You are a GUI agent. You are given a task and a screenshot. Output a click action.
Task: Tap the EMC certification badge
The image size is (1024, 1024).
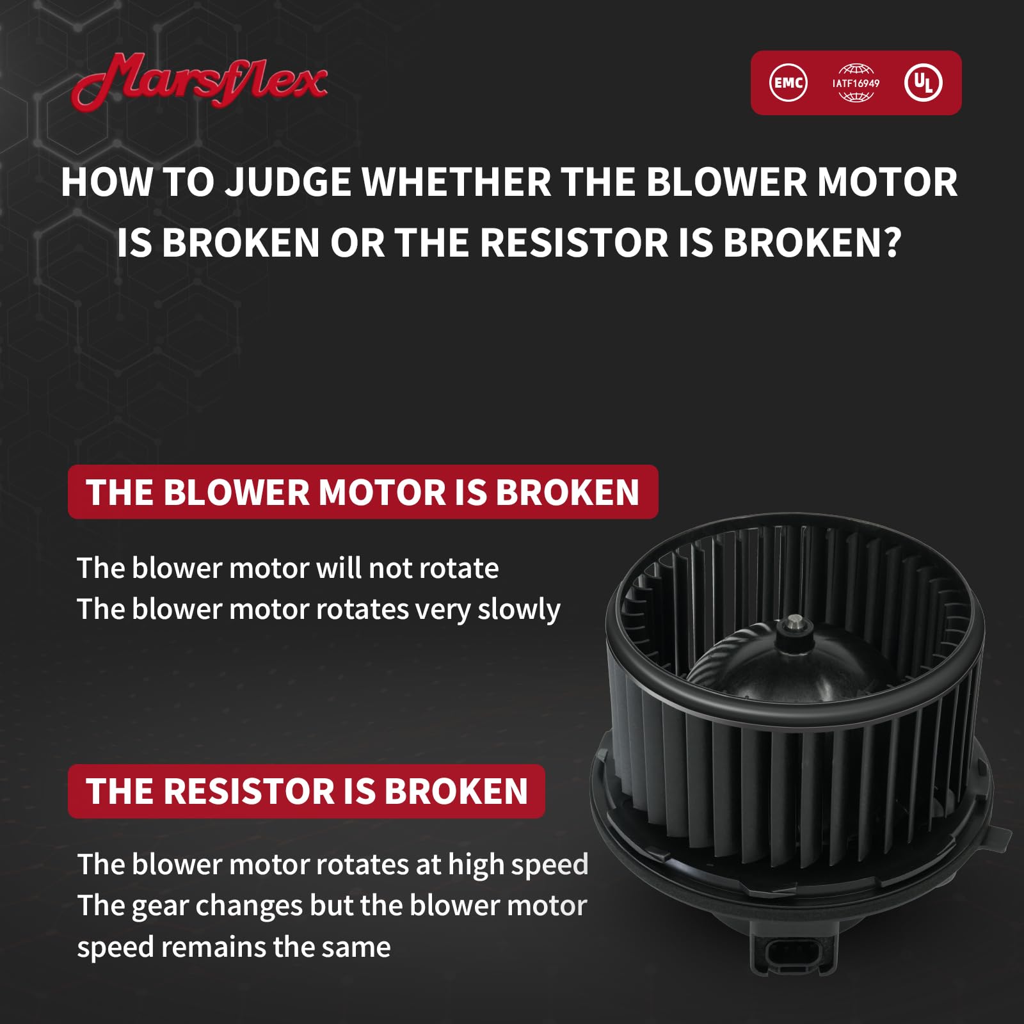(788, 83)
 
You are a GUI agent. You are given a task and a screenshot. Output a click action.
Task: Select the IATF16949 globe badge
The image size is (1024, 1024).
(856, 83)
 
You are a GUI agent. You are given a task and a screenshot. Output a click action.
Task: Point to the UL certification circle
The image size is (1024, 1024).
(923, 83)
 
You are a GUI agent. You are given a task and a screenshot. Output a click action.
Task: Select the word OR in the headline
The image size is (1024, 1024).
(357, 243)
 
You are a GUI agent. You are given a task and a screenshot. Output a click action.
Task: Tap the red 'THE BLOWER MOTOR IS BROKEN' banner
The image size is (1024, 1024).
(363, 492)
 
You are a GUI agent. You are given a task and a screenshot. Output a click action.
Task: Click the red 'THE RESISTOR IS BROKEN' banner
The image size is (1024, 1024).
(307, 791)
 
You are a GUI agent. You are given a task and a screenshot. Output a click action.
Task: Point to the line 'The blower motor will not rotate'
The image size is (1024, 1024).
(288, 568)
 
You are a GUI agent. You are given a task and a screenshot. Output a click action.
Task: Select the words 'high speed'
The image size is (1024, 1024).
(518, 865)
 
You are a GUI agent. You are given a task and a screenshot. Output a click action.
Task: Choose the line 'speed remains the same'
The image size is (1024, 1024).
(234, 947)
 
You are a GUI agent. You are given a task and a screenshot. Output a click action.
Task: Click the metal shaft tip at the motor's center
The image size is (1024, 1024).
(795, 620)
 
